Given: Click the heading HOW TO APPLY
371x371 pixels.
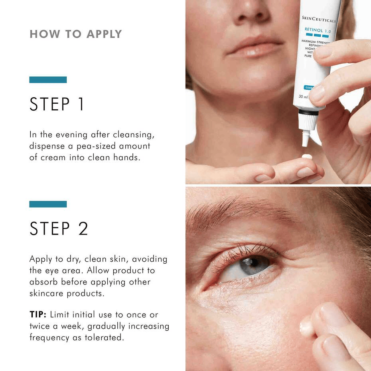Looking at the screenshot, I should (75, 34).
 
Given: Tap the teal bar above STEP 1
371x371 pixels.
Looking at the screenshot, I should (48, 80).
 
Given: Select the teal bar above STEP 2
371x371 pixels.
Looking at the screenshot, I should (48, 204).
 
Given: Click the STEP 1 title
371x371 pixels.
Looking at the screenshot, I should (57, 105).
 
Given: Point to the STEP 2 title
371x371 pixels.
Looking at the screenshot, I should (59, 229).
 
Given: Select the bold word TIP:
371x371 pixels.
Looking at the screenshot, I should (38, 315).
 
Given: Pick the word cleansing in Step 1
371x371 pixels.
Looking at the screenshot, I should (139, 135).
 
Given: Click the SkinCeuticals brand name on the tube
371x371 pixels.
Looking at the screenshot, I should (320, 20).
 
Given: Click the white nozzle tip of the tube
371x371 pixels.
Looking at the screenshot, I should (306, 138).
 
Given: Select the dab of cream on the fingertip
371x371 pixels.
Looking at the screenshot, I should (307, 157).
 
